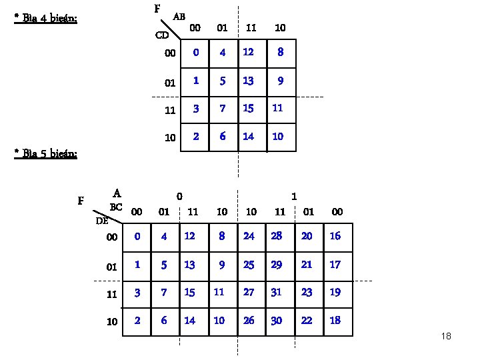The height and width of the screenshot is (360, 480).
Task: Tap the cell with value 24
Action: pos(249,237)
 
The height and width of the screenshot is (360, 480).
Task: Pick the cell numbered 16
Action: pos(335,237)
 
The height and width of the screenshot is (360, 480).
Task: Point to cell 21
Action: pos(307,265)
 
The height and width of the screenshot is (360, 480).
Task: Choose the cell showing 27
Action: pos(249,293)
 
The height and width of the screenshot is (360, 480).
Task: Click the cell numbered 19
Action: pos(335,293)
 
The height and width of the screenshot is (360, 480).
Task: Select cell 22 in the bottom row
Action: pos(307,321)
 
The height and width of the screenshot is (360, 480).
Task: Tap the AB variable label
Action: pos(179,15)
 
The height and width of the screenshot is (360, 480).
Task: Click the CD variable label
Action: pos(162,35)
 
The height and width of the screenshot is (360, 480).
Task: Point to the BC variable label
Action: pos(116,207)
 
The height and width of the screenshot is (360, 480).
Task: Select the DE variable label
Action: pos(101,220)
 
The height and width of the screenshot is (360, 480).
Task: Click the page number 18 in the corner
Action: pos(446,336)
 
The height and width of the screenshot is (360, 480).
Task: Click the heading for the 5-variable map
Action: pos(46,154)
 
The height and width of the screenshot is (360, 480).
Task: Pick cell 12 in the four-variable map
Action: pos(248,52)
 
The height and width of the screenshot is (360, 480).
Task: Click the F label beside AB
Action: pos(157,9)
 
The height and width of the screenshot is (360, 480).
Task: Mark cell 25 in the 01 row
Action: pos(249,265)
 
